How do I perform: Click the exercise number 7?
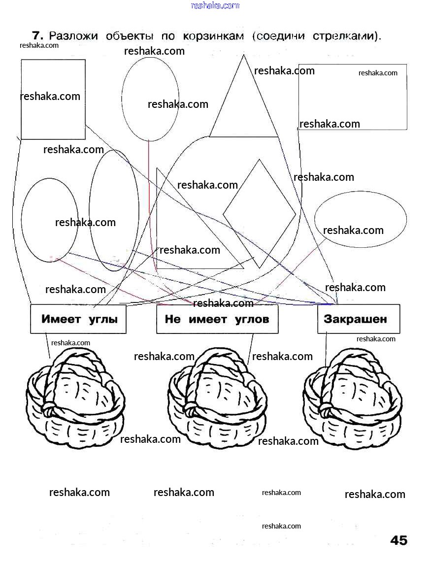pyautogui.click(x=37, y=35)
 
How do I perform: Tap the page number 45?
pyautogui.click(x=398, y=540)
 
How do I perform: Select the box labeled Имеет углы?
pyautogui.click(x=78, y=319)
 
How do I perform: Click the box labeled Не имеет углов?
pyautogui.click(x=217, y=319)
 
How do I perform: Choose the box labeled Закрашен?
pyautogui.click(x=358, y=319)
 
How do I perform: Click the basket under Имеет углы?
pyautogui.click(x=75, y=399)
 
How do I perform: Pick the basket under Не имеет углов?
pyautogui.click(x=217, y=399)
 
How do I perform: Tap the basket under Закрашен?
pyautogui.click(x=353, y=399)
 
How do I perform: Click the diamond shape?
pyautogui.click(x=260, y=213)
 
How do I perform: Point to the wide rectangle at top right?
pyautogui.click(x=353, y=97)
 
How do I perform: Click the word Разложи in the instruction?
pyautogui.click(x=73, y=36)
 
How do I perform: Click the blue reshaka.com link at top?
pyautogui.click(x=215, y=5)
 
